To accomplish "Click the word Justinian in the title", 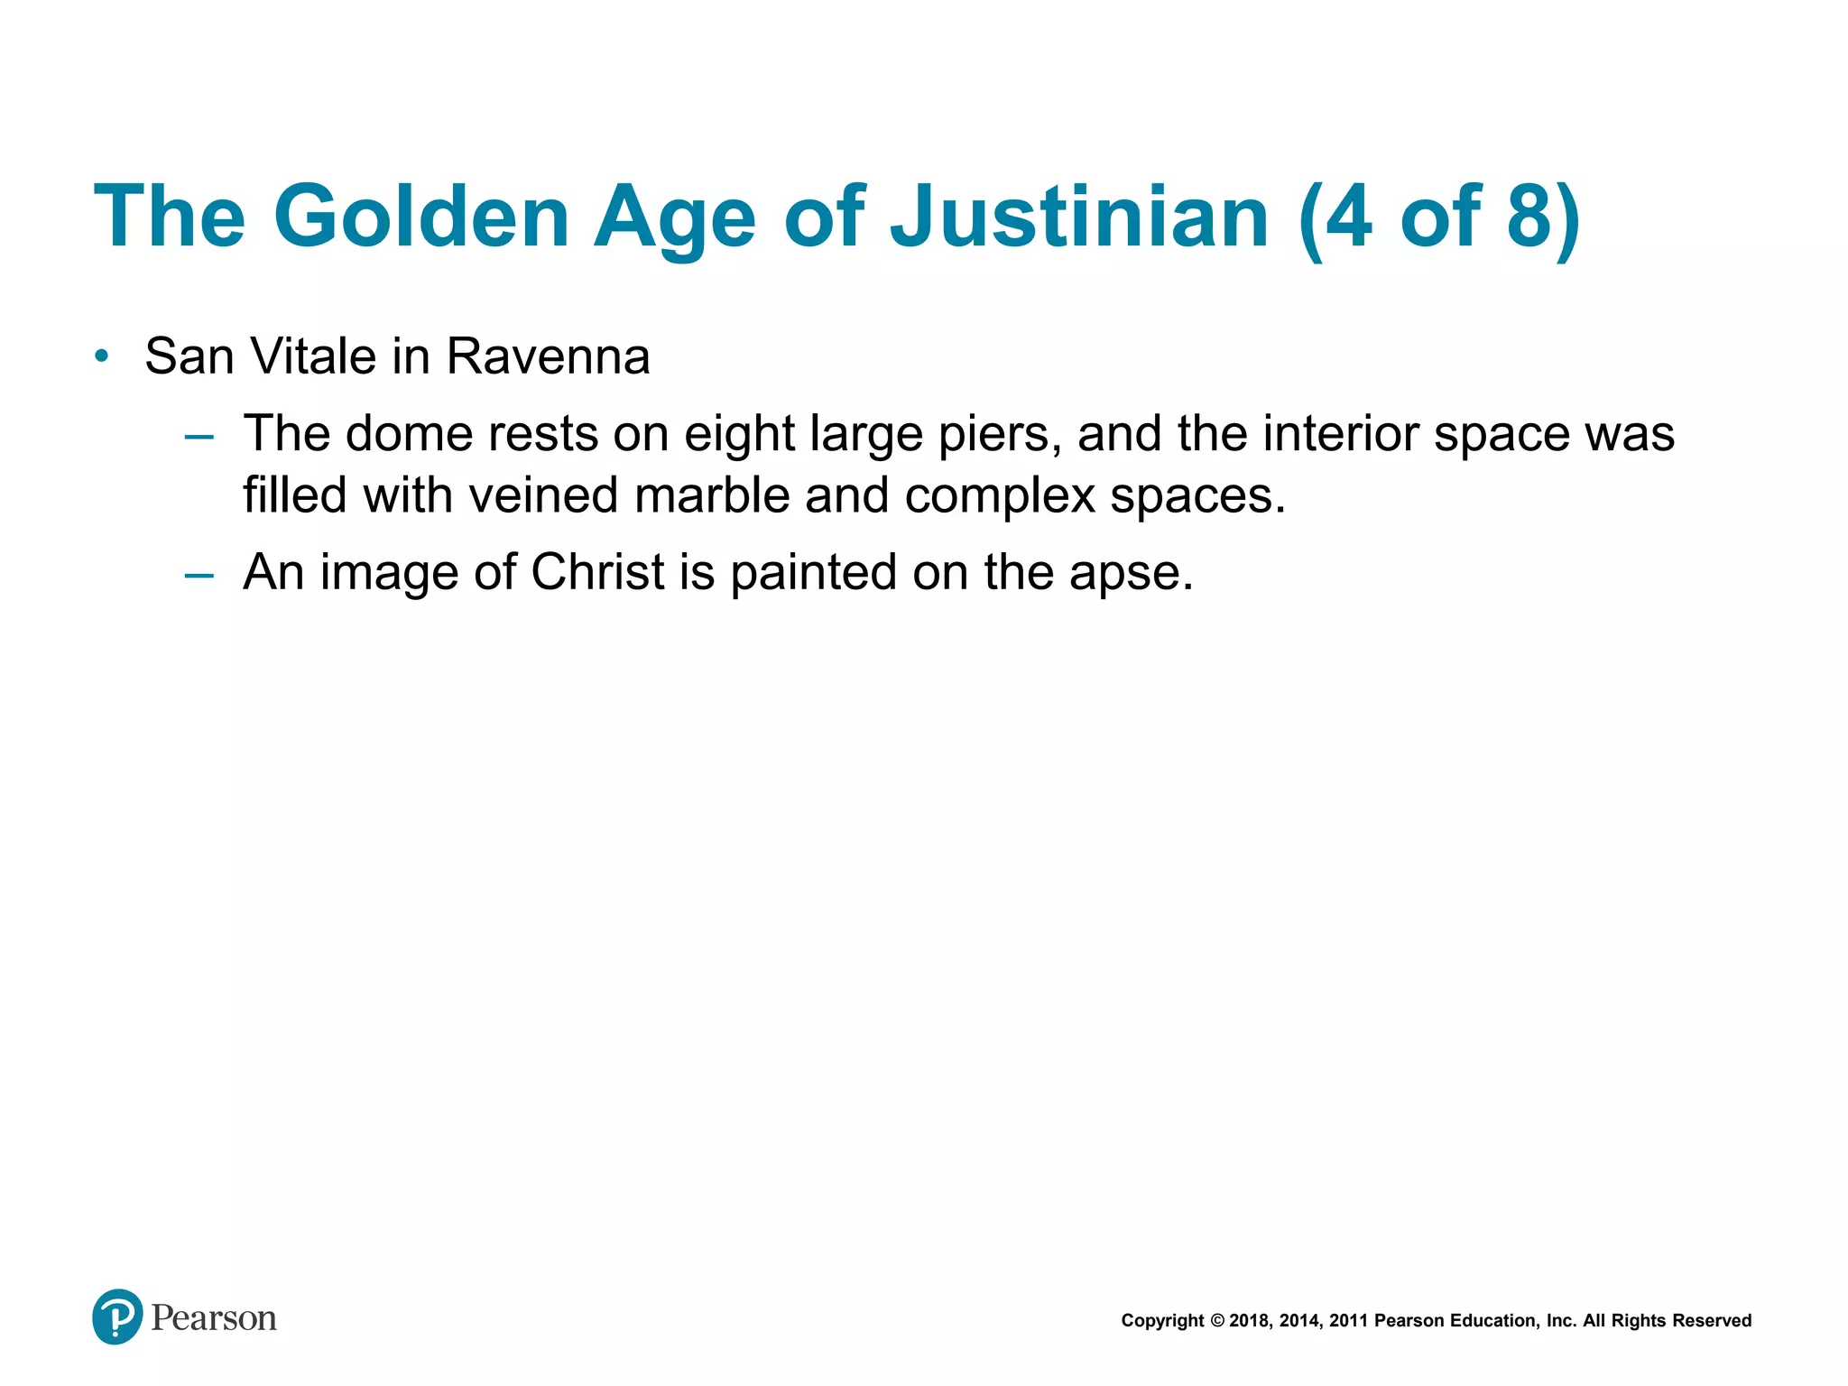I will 1079,217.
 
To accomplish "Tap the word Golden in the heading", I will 421,217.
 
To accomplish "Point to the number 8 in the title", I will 1528,217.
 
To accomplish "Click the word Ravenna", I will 548,356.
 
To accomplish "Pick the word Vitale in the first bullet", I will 313,356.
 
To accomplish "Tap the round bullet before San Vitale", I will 102,356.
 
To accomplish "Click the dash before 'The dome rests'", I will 199,437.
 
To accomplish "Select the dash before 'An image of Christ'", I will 199,575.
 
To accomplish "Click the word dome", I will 409,433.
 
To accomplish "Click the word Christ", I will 598,572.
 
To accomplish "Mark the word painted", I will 813,572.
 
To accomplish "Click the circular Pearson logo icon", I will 117,1317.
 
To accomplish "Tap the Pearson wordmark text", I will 214,1318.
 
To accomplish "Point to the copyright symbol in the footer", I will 1217,1321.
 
